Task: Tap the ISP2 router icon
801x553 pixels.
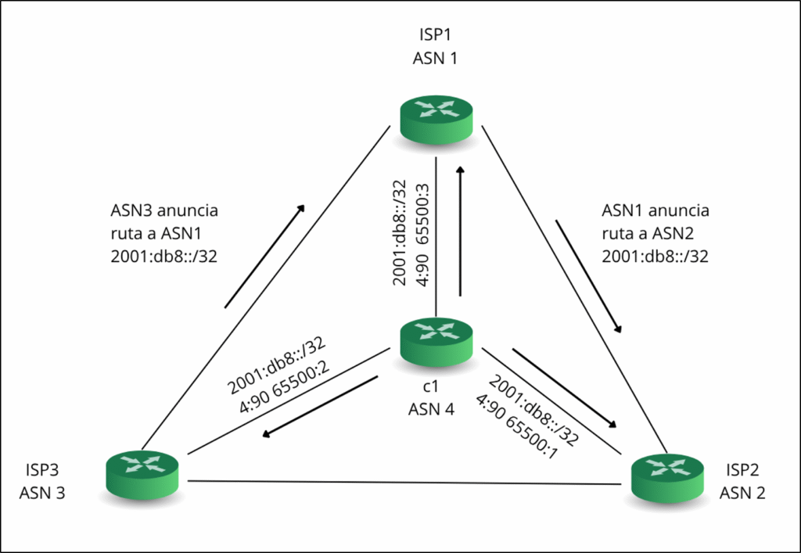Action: (x=667, y=475)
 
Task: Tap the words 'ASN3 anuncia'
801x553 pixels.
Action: (x=164, y=211)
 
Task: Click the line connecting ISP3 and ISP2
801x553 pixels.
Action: (x=407, y=482)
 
